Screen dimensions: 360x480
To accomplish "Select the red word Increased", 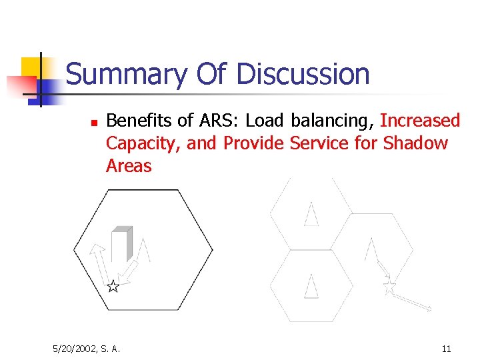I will [x=420, y=121].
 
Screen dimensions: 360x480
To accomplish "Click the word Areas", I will [x=129, y=166].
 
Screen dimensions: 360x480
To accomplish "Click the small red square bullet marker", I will [x=94, y=123].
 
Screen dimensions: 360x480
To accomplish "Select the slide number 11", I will [x=446, y=348].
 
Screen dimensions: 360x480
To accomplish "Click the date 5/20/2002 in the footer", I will [x=75, y=348].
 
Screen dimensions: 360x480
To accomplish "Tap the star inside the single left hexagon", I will [x=113, y=287].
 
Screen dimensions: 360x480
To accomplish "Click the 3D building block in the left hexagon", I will [x=122, y=244].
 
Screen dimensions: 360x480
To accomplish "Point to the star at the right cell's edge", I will [x=389, y=287].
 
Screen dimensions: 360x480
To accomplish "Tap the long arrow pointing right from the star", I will [x=413, y=302].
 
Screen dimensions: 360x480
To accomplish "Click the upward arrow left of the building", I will [x=99, y=263].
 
